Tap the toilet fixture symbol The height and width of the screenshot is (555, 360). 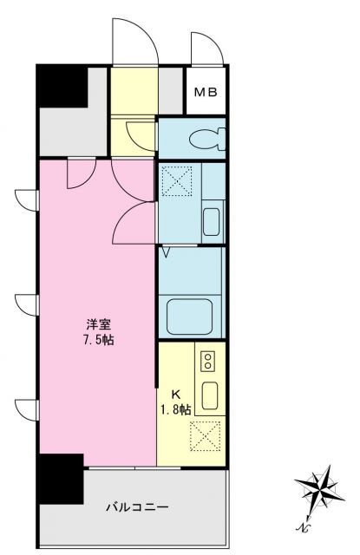tap(207, 138)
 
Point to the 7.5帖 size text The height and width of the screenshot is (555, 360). tap(99, 341)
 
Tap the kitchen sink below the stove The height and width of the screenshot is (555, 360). tap(209, 395)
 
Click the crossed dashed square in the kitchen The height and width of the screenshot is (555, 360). tap(207, 435)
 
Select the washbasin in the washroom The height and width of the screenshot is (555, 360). tap(211, 222)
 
